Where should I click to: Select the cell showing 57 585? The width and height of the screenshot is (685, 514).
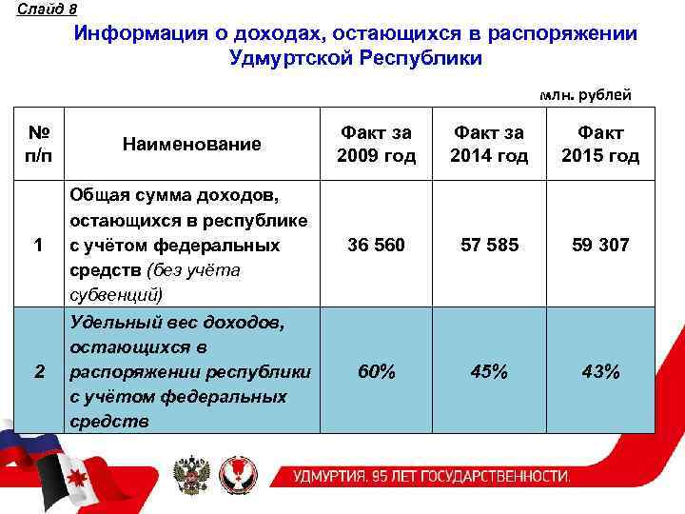(x=490, y=246)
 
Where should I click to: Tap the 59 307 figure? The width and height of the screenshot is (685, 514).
(x=600, y=246)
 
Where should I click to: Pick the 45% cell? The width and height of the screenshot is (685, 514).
(x=490, y=371)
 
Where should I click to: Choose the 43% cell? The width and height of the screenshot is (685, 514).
(x=600, y=371)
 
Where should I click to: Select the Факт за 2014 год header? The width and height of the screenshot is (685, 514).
(x=490, y=144)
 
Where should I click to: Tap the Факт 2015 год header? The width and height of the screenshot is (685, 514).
(x=600, y=144)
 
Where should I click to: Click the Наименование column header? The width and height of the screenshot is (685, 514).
(x=191, y=144)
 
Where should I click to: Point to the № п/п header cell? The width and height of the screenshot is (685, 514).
(x=40, y=144)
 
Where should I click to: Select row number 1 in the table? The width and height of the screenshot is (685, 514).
(x=40, y=246)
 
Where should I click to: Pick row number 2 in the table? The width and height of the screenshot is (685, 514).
(x=40, y=371)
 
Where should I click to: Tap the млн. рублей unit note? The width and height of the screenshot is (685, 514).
(x=584, y=95)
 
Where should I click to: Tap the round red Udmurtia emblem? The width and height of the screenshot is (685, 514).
(x=244, y=473)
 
